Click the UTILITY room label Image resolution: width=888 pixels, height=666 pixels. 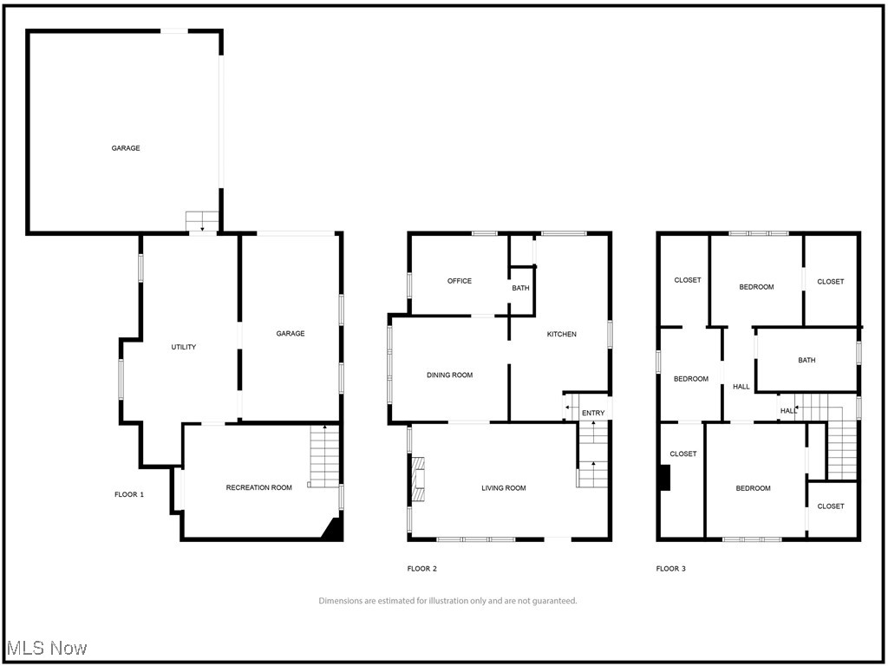(x=183, y=347)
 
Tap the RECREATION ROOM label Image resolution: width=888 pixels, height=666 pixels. (x=258, y=487)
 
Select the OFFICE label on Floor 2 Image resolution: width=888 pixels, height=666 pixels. (x=459, y=281)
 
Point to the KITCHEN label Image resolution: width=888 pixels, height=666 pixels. (x=561, y=334)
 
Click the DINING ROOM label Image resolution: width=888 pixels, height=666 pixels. (x=449, y=375)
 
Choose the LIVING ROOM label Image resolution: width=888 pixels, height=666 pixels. (x=504, y=488)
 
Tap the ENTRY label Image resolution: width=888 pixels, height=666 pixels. (x=593, y=413)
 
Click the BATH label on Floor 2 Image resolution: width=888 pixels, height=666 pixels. (x=520, y=288)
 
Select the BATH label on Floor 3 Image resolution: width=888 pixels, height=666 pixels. (x=806, y=360)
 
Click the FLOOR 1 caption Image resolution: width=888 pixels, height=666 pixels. (x=129, y=494)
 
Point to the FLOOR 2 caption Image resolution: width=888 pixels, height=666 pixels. (x=421, y=569)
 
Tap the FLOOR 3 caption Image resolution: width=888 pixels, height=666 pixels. (x=670, y=569)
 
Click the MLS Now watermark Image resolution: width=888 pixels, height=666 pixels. (x=47, y=648)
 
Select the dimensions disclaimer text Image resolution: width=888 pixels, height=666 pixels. (x=447, y=601)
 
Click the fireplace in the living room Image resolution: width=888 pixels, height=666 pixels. (x=418, y=480)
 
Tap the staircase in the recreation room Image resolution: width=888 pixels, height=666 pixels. (x=324, y=457)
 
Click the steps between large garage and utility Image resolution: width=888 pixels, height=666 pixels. (x=202, y=220)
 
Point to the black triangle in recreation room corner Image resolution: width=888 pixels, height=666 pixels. (x=332, y=530)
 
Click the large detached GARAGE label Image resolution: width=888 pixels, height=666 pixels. (x=126, y=148)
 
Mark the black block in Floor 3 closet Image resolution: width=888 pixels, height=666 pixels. (x=664, y=478)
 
